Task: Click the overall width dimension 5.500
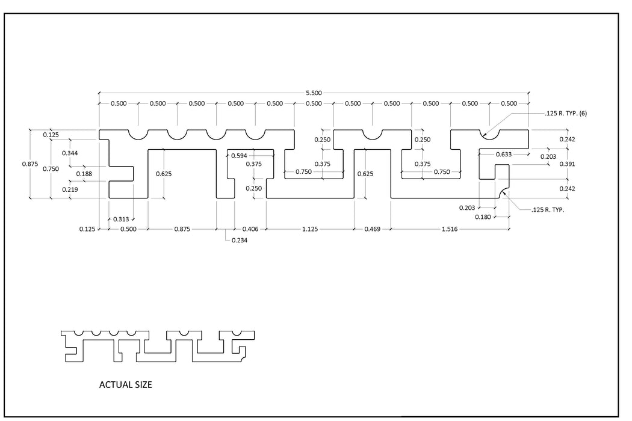click(314, 93)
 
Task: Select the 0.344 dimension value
click(70, 153)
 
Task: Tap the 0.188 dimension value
click(84, 174)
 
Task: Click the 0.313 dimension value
click(120, 219)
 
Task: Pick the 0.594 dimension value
click(239, 156)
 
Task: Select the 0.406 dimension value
click(250, 229)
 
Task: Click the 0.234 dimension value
click(239, 241)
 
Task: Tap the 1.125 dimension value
click(310, 229)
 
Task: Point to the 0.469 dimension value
click(372, 229)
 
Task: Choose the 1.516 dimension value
click(449, 229)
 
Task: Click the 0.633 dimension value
click(504, 155)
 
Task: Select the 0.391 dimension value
click(567, 164)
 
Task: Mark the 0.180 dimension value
click(483, 217)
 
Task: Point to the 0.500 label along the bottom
click(128, 229)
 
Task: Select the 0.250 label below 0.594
click(253, 188)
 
